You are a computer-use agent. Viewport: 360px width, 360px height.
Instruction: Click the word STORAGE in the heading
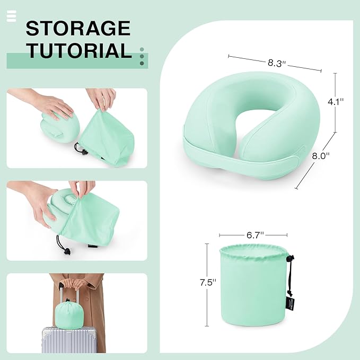[x=78, y=28]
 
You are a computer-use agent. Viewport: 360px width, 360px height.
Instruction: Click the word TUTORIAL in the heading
[x=79, y=50]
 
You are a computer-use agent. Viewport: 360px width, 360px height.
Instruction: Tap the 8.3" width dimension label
[x=277, y=63]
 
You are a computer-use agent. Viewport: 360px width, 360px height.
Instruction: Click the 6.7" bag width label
[x=254, y=234]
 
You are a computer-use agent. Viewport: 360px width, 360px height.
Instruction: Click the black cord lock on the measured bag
[x=289, y=260]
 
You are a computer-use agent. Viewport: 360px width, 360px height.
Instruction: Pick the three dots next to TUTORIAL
[x=142, y=56]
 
